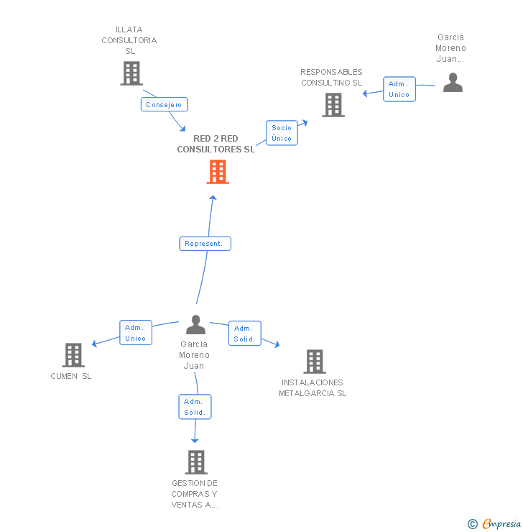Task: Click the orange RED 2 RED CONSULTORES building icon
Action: pos(218,172)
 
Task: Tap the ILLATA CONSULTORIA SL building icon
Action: pos(131,73)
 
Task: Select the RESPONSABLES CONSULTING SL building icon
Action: pos(333,105)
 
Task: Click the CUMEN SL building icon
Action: pos(73,355)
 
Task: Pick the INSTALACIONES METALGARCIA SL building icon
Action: pos(314,362)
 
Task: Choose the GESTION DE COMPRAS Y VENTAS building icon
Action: pos(195,462)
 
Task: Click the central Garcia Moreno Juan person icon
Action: pos(195,325)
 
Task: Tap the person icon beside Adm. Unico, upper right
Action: pos(453,83)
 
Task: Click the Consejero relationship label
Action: pos(164,105)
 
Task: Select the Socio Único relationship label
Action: pos(282,133)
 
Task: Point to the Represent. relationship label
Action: pos(205,244)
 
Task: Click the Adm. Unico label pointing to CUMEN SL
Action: pos(135,333)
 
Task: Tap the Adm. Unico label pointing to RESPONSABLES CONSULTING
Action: pos(399,89)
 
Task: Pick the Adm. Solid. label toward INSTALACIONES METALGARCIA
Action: pos(244,334)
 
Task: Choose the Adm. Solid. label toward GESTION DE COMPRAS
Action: pos(195,407)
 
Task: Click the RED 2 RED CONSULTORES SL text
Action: pos(216,144)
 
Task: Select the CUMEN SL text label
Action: pos(71,376)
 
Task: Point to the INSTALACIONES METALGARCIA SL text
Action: pos(313,388)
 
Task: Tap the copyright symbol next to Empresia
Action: pos(473,524)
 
